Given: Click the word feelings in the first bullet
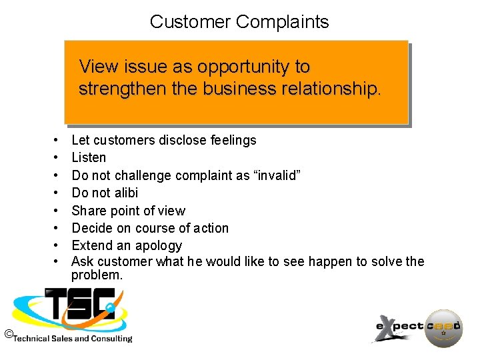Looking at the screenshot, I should tap(233, 140).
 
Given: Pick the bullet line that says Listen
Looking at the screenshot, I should tap(89, 157).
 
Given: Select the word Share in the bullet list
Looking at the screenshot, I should tap(88, 211).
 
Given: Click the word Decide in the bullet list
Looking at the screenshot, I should tap(92, 228).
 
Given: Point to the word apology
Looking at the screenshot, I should tap(157, 245).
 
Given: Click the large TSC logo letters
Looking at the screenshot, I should tap(80, 307).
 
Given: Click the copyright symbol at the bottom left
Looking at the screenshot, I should tap(8, 333).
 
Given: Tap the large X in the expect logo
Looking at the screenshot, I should tap(385, 328).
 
